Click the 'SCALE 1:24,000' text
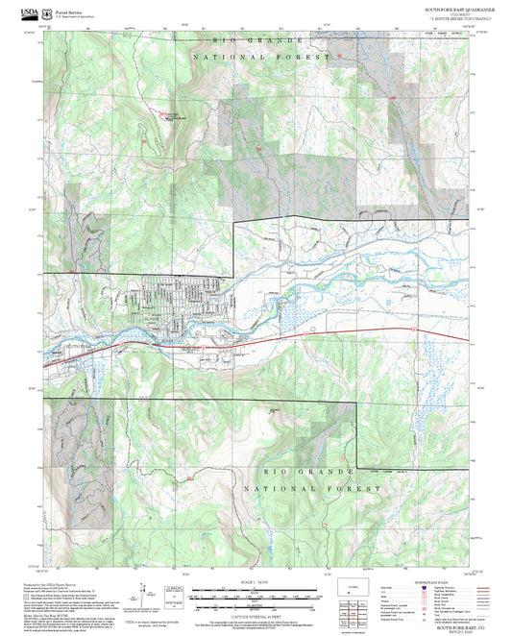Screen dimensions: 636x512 [x=254, y=583]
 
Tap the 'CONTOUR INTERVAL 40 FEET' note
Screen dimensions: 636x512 [x=254, y=615]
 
